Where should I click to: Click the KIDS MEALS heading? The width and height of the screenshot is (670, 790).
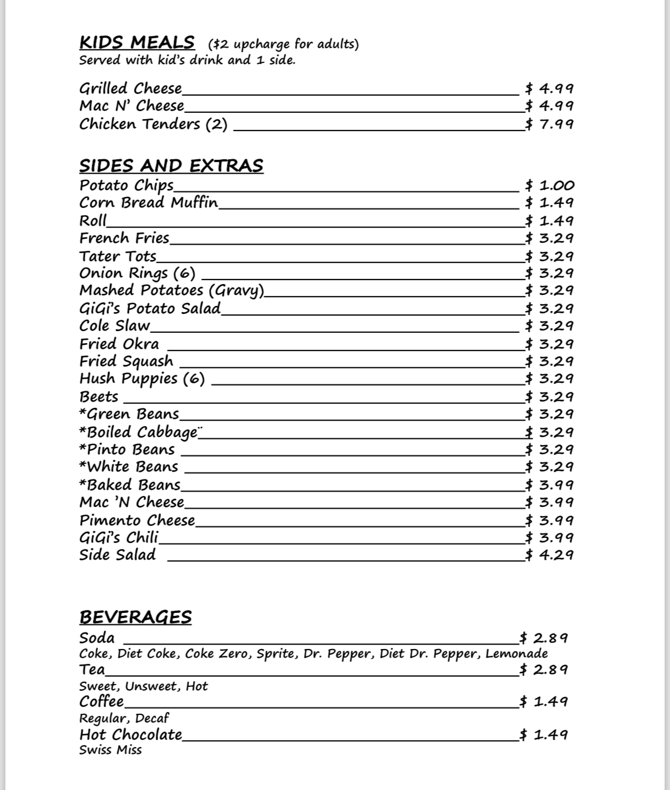(x=137, y=42)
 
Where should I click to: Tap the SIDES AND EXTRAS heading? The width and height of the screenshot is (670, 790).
(x=171, y=166)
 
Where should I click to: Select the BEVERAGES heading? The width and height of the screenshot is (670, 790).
(x=135, y=617)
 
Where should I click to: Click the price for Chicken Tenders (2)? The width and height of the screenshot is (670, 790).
(x=549, y=124)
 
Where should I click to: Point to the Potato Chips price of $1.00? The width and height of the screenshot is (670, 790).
(x=550, y=185)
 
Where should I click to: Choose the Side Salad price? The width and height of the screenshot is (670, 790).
(x=549, y=555)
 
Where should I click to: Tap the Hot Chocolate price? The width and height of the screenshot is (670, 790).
(x=543, y=734)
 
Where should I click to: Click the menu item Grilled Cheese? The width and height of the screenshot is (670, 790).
(x=131, y=88)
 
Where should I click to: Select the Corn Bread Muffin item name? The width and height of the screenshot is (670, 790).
(x=149, y=202)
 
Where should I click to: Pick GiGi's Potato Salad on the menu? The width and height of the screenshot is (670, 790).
(x=150, y=308)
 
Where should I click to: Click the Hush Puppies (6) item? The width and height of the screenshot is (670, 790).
(x=142, y=379)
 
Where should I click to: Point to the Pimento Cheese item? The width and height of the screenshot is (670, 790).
(x=137, y=520)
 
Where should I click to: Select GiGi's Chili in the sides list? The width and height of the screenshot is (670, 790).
(x=119, y=537)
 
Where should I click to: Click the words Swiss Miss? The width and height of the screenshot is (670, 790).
(x=111, y=750)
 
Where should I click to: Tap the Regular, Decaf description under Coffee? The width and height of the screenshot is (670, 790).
(x=124, y=718)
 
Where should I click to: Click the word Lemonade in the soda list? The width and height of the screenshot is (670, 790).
(x=517, y=654)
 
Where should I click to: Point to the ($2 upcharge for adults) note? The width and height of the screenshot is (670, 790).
(x=283, y=44)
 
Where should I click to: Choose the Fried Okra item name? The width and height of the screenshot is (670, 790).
(x=119, y=344)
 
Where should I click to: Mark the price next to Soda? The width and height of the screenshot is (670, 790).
(x=543, y=638)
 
